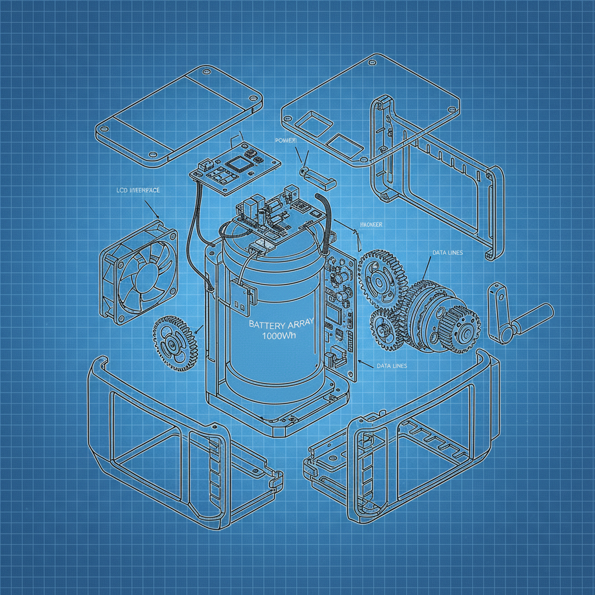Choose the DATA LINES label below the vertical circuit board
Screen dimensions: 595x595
click(392, 365)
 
